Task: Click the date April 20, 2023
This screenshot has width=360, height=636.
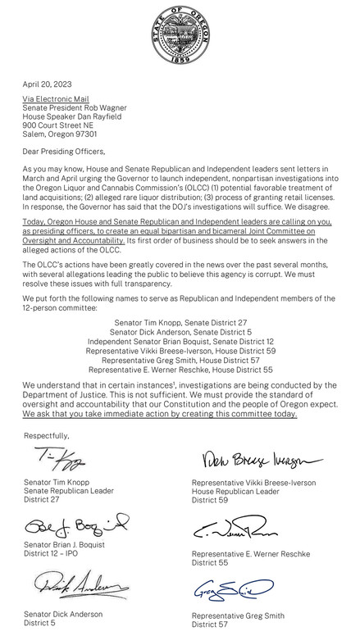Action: coord(46,84)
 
